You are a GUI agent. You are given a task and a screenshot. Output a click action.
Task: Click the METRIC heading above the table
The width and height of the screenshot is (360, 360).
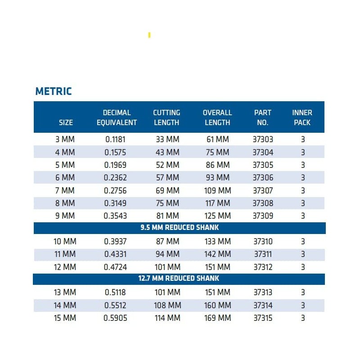tap(54, 91)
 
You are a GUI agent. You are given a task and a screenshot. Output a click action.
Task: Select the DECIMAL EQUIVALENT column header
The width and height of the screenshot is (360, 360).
tap(117, 117)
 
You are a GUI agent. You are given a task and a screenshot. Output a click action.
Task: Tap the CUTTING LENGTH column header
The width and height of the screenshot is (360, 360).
tap(166, 117)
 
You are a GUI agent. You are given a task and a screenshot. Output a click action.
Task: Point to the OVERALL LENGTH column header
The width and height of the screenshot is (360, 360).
tap(217, 117)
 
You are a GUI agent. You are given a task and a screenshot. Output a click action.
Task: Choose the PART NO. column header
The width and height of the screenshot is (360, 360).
tap(263, 117)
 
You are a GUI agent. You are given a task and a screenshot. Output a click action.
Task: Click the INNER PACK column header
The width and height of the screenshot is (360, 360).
tap(302, 117)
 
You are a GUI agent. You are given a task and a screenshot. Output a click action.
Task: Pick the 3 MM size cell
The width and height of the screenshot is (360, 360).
tap(66, 139)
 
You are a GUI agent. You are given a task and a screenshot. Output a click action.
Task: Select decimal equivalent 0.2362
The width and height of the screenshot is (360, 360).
tap(116, 177)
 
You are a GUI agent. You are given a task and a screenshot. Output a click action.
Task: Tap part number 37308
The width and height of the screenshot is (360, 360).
tap(263, 203)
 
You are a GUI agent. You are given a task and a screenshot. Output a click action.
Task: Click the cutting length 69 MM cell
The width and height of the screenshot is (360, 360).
tap(167, 190)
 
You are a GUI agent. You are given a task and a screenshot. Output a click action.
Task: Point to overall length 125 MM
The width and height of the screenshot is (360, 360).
tap(217, 216)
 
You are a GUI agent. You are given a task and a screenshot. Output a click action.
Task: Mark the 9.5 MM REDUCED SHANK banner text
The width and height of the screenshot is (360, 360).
tap(180, 228)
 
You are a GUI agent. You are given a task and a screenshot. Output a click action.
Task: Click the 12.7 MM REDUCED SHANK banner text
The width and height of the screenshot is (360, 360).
tap(179, 279)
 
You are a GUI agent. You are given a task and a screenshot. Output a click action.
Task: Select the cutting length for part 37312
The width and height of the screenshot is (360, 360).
tap(167, 267)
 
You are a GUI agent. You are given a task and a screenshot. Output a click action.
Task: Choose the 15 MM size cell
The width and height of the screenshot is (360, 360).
tap(65, 318)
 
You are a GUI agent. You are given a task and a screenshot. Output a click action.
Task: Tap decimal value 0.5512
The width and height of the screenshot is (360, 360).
tap(116, 305)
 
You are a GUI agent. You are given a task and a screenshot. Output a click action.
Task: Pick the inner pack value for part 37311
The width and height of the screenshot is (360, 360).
tap(303, 254)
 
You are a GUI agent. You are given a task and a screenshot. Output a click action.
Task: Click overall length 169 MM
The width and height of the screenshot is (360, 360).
tap(217, 318)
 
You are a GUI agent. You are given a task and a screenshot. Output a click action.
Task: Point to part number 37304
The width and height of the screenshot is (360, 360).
tap(263, 152)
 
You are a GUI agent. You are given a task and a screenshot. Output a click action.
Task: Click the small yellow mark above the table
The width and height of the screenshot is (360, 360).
tap(149, 35)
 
